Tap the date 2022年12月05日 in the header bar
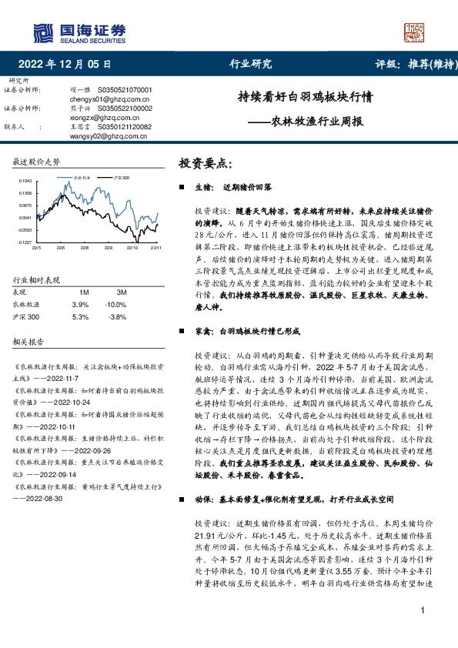(x=64, y=64)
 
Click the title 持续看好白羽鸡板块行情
(x=306, y=98)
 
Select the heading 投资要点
(x=205, y=163)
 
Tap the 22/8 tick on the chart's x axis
(x=85, y=248)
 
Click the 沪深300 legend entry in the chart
(x=122, y=178)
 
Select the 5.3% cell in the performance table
(x=80, y=316)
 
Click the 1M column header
(x=84, y=293)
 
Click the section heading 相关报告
(x=28, y=340)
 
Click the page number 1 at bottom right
(x=423, y=633)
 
